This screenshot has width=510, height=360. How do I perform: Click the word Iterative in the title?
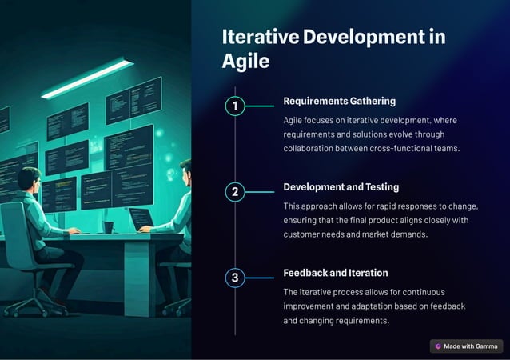(x=257, y=37)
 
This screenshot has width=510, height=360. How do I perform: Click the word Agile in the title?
(x=245, y=61)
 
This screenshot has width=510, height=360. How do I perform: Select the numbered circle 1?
(x=234, y=106)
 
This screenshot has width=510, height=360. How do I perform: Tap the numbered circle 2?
(x=234, y=192)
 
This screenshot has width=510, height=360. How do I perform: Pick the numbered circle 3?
(x=234, y=278)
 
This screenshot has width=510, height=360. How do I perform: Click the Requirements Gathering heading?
(x=339, y=102)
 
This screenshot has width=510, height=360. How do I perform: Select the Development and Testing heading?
(x=341, y=187)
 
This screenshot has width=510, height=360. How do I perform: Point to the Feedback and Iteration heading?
(x=335, y=273)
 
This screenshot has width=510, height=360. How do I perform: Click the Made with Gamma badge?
(x=466, y=346)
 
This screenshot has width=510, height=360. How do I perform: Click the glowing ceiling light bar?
(x=87, y=78)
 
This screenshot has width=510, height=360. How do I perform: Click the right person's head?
(x=185, y=170)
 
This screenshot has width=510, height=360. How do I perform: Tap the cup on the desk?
(x=108, y=227)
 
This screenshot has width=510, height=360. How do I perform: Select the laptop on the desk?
(x=141, y=218)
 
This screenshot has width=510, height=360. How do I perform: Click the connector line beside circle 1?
(x=260, y=106)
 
